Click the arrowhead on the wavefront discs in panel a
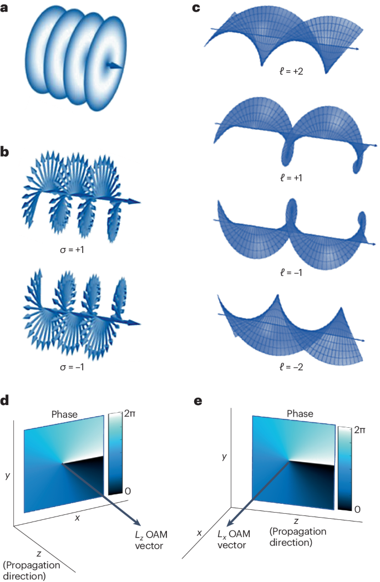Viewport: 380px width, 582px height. click(116, 66)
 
